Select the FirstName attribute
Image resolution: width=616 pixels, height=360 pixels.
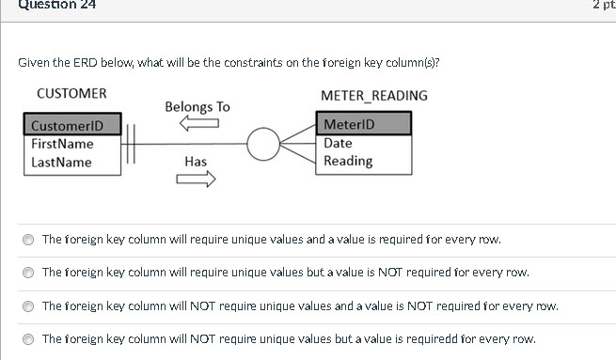click(x=62, y=144)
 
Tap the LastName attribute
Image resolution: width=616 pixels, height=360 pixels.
click(x=61, y=162)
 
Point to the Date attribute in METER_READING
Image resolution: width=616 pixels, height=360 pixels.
click(x=338, y=143)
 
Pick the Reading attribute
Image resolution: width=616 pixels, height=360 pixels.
click(x=348, y=161)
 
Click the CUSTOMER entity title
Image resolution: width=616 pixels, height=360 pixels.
click(x=71, y=94)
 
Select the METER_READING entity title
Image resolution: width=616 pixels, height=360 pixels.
click(x=373, y=95)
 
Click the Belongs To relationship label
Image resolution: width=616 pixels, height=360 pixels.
click(x=197, y=107)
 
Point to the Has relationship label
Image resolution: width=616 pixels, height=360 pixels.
click(x=196, y=162)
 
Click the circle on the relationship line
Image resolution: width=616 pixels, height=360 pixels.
click(x=263, y=144)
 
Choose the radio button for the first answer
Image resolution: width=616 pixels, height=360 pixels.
click(x=28, y=240)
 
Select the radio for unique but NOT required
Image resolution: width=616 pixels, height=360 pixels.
click(x=28, y=273)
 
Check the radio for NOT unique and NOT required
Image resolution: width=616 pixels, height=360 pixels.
click(x=28, y=305)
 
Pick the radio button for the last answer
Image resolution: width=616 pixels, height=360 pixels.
click(x=28, y=338)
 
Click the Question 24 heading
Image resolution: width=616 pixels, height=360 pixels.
click(x=56, y=5)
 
